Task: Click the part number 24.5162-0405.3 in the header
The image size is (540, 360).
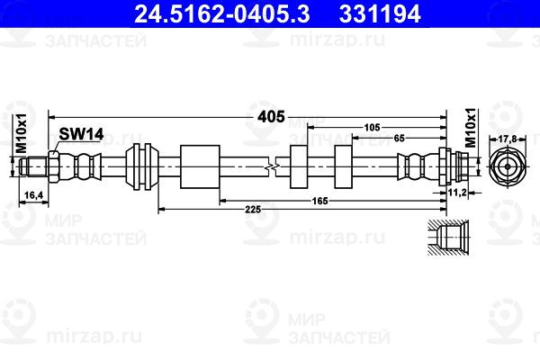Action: click(x=221, y=13)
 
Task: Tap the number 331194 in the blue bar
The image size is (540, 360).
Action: click(x=380, y=13)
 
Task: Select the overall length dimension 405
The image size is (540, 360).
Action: click(x=271, y=117)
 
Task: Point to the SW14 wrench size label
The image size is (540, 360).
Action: click(x=81, y=134)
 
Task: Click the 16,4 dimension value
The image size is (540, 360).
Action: click(x=34, y=195)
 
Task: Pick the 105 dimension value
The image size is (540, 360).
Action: click(x=372, y=128)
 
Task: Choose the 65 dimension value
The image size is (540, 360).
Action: click(x=399, y=138)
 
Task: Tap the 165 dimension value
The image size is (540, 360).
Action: click(x=319, y=201)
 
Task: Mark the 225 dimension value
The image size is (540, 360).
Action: click(x=253, y=209)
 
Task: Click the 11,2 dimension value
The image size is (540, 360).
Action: click(x=457, y=193)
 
